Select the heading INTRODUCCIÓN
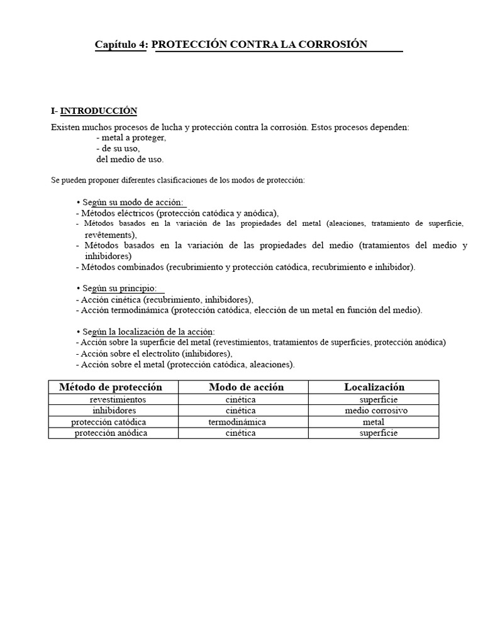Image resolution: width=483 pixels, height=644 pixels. [99, 111]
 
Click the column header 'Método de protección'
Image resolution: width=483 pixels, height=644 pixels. [111, 387]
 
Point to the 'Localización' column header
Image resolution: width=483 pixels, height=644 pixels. [374, 387]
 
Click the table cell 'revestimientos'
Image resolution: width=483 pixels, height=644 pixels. [118, 399]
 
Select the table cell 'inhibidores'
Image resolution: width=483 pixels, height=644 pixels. [114, 410]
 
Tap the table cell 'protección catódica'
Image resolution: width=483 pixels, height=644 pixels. [109, 421]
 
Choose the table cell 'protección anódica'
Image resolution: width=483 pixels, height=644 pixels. [110, 433]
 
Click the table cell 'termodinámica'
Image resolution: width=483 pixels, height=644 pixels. [237, 421]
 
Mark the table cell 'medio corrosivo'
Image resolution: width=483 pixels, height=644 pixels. [376, 410]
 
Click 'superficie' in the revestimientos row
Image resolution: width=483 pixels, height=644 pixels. [379, 399]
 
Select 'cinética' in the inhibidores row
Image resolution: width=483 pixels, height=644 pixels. [240, 410]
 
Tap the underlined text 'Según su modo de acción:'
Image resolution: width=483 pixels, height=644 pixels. [133, 202]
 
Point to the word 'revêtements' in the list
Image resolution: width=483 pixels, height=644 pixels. [110, 234]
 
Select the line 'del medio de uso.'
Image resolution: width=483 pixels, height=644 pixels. [130, 159]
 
